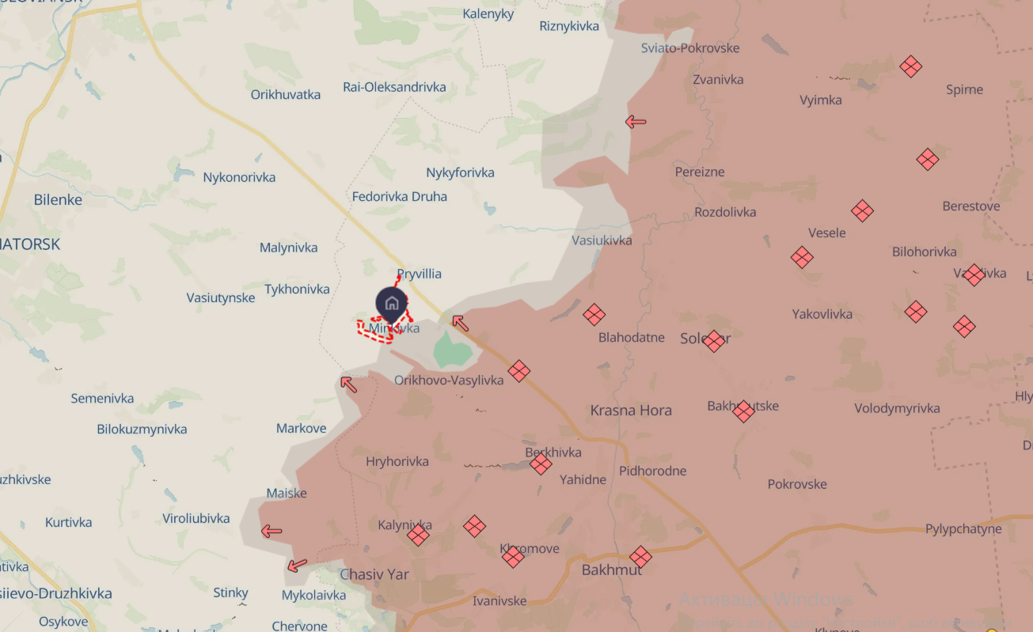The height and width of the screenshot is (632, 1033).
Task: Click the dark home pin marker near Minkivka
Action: [x=391, y=303]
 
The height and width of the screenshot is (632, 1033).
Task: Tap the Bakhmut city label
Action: [x=612, y=570]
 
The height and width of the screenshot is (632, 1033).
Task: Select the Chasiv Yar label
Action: [x=374, y=574]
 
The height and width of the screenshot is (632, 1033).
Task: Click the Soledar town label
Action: [x=705, y=339]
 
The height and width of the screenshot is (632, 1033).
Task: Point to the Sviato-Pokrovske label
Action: [x=690, y=48]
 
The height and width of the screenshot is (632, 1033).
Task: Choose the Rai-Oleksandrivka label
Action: [x=394, y=87]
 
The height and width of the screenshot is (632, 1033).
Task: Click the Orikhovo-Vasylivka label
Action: [x=449, y=380]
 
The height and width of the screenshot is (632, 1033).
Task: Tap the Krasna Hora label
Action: [x=631, y=411]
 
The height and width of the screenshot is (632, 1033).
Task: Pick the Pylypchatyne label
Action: [x=963, y=529]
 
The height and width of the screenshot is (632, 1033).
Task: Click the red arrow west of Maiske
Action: [x=272, y=531]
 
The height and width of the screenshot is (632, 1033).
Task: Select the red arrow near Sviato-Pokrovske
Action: [x=636, y=122]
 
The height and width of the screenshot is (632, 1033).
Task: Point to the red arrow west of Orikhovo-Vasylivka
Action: [x=348, y=384]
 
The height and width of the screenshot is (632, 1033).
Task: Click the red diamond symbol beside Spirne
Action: [x=911, y=66]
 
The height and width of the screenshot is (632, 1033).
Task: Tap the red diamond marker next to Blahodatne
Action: [x=594, y=315]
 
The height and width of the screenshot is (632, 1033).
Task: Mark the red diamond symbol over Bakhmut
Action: [x=640, y=557]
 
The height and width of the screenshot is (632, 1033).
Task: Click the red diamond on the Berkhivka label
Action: [x=541, y=464]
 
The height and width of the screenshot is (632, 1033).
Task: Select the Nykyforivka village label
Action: [x=460, y=172]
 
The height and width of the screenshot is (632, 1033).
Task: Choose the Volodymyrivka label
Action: [x=897, y=409]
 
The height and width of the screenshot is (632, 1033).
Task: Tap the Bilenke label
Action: [x=58, y=200]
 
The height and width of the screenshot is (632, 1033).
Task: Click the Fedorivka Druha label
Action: [x=400, y=196]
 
